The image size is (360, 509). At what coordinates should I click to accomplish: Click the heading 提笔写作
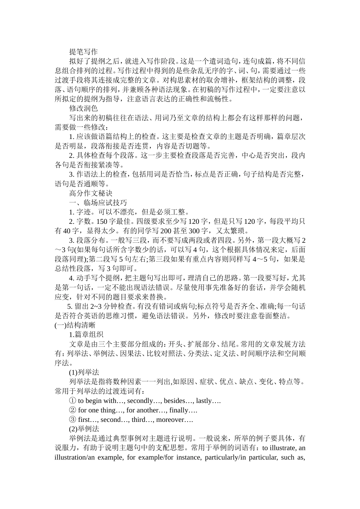[x=83, y=52]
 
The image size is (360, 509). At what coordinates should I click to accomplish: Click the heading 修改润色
[x=83, y=108]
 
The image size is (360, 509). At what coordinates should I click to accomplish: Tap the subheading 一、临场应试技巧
[x=98, y=203]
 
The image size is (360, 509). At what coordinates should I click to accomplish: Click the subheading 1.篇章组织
[x=86, y=334]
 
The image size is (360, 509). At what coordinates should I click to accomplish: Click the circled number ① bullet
[x=72, y=401]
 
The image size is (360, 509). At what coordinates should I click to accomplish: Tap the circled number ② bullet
[x=72, y=410]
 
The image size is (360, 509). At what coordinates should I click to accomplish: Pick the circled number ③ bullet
[x=72, y=420]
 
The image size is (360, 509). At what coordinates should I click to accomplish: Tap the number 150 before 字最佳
[x=102, y=222]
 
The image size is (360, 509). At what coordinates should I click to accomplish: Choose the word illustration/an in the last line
[x=73, y=457]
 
